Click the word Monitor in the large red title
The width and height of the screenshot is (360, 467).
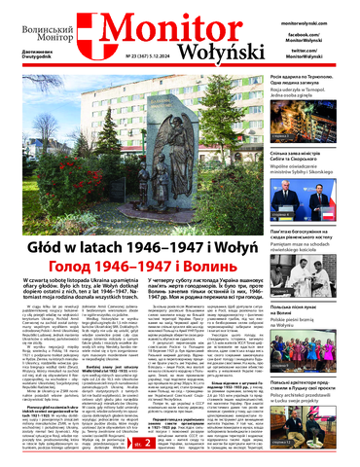click(x=168, y=22)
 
